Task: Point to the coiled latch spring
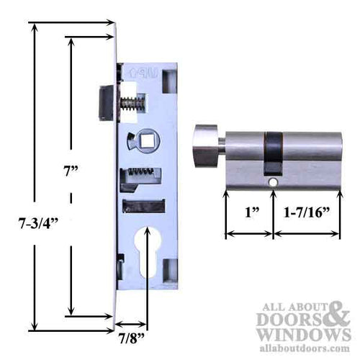tap(130, 105)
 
